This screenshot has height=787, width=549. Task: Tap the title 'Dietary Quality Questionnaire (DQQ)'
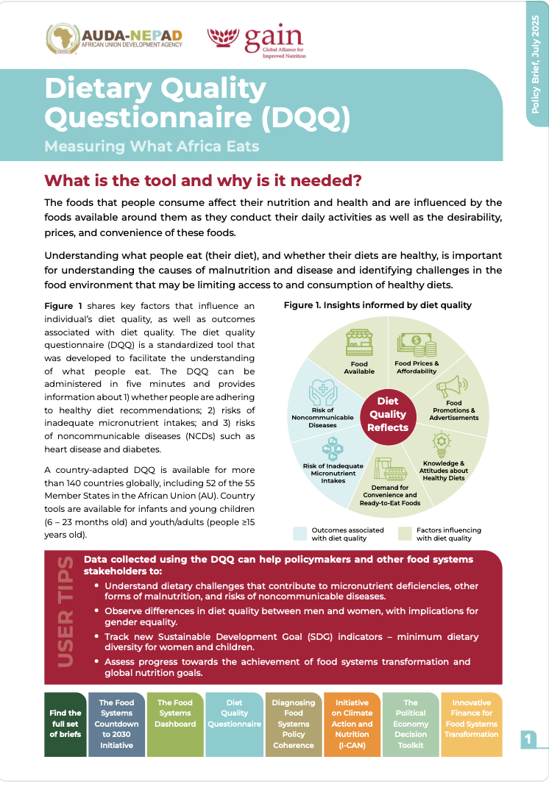pos(196,103)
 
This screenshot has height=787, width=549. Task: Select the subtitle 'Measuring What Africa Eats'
pos(152,146)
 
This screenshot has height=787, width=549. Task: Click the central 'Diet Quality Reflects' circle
pos(388,415)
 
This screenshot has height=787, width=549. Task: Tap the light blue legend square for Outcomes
pos(299,533)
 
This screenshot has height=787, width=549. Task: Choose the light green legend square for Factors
pos(404,533)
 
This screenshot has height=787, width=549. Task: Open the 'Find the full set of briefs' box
pos(65,724)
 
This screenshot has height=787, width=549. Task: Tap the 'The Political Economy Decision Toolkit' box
pos(411,724)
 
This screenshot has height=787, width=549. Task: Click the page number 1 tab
pos(528,738)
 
